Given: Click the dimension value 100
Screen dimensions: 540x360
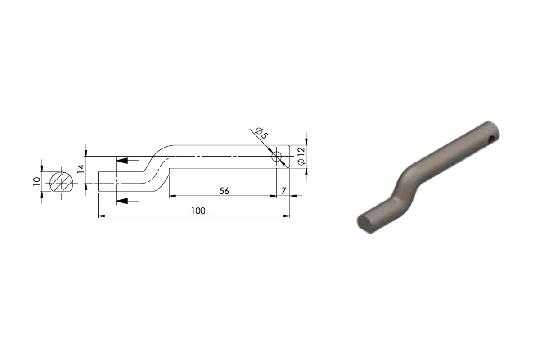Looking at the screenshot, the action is tap(198, 211).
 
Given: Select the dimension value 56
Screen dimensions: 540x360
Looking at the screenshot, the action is tap(224, 191).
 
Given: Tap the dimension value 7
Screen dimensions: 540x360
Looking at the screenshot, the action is tap(283, 191).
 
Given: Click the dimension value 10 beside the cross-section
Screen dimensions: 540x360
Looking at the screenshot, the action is tap(36, 181).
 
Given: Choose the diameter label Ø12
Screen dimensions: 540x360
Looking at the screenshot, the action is tap(301, 156).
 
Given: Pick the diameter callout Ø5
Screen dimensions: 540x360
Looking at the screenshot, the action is tap(261, 133).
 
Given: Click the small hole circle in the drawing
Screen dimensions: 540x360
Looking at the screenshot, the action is tap(276, 157).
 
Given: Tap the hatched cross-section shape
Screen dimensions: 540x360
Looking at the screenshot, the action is tap(61, 182).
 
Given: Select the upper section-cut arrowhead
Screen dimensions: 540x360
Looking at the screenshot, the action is tap(122, 160).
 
